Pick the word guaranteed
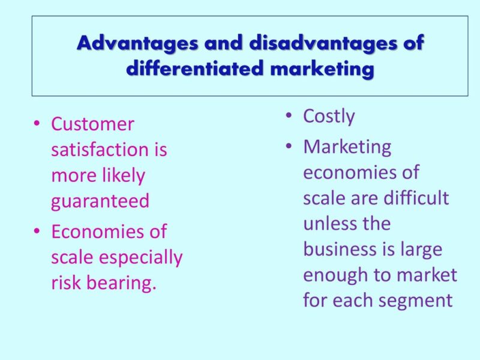pos(100,201)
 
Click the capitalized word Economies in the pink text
pos(109,232)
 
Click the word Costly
pos(329,116)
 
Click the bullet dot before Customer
pos(38,124)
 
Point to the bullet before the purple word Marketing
pos(290,146)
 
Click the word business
pos(344,248)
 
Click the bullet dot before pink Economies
pos(38,232)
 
